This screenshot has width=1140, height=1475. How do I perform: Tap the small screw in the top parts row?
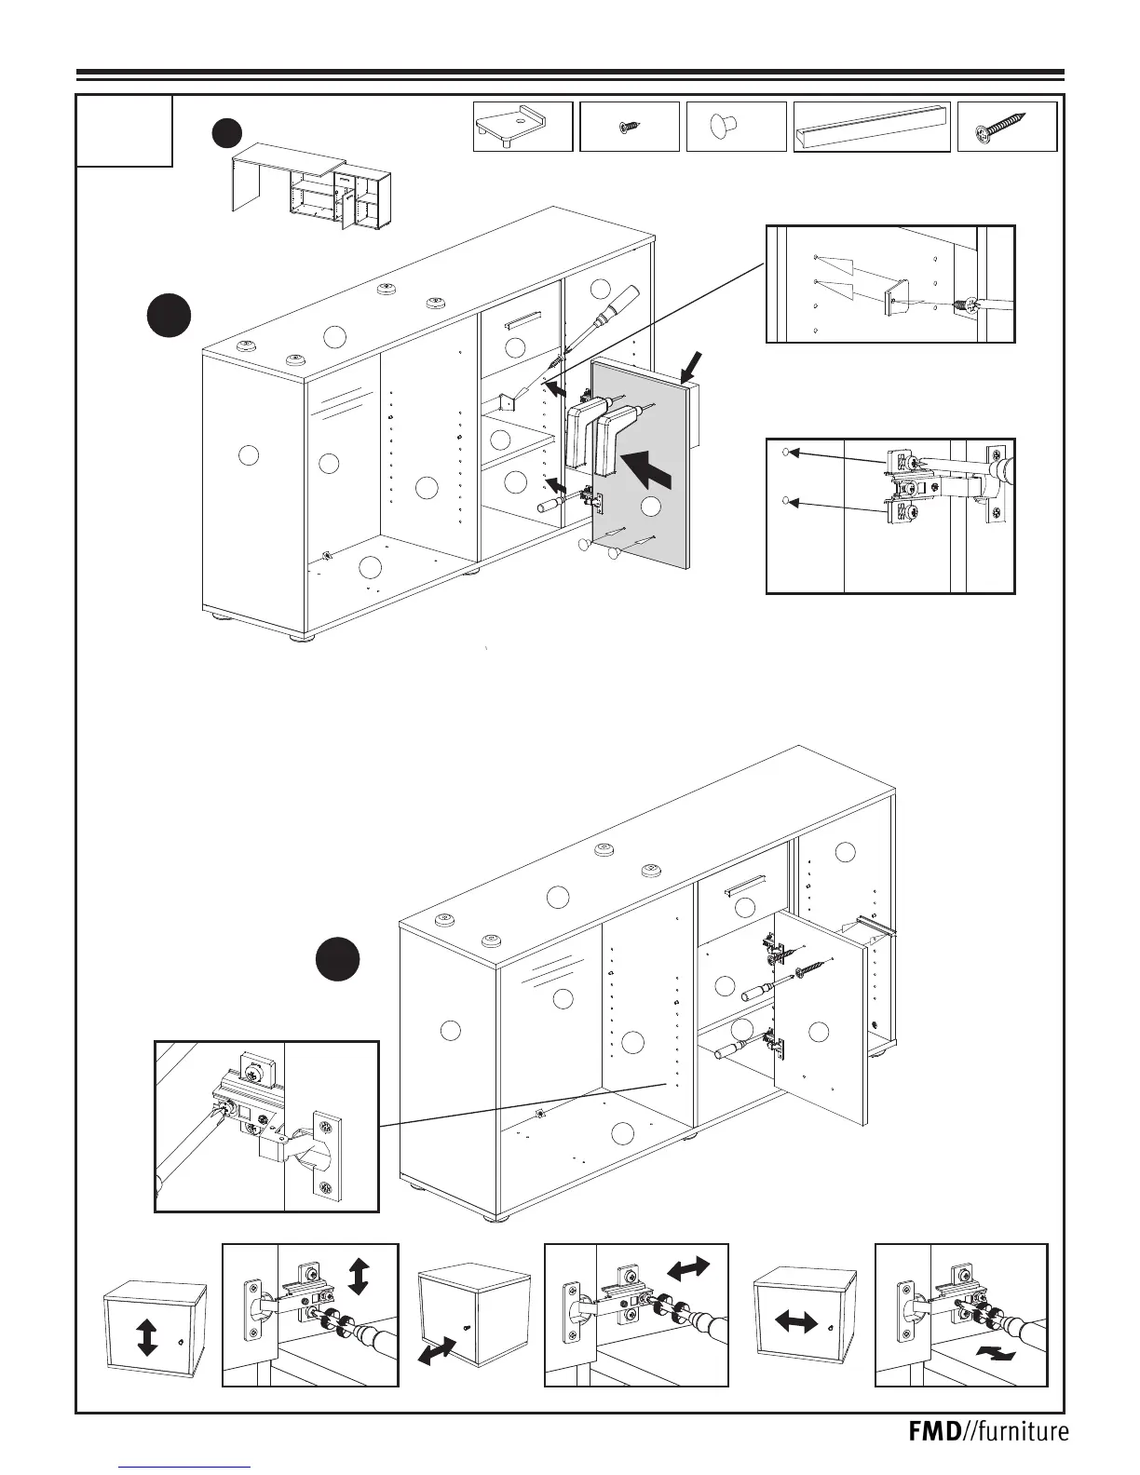[630, 126]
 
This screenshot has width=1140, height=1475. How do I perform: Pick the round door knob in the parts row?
[721, 125]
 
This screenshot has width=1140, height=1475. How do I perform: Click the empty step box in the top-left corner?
[124, 130]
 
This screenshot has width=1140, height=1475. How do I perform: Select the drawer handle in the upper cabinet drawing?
[522, 319]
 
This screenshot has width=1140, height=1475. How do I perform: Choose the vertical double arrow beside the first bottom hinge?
[359, 1274]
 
